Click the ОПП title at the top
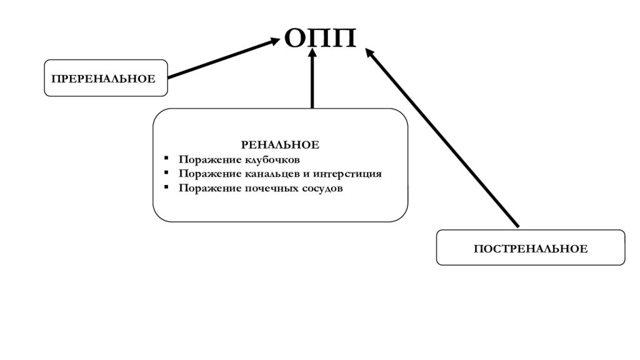point(320,39)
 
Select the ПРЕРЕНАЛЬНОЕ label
point(103,79)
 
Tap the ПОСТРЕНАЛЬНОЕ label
point(530,249)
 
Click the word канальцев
point(264,174)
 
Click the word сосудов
point(321,188)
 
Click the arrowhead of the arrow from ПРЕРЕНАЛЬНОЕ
point(276,41)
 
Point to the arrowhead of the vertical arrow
point(312,54)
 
